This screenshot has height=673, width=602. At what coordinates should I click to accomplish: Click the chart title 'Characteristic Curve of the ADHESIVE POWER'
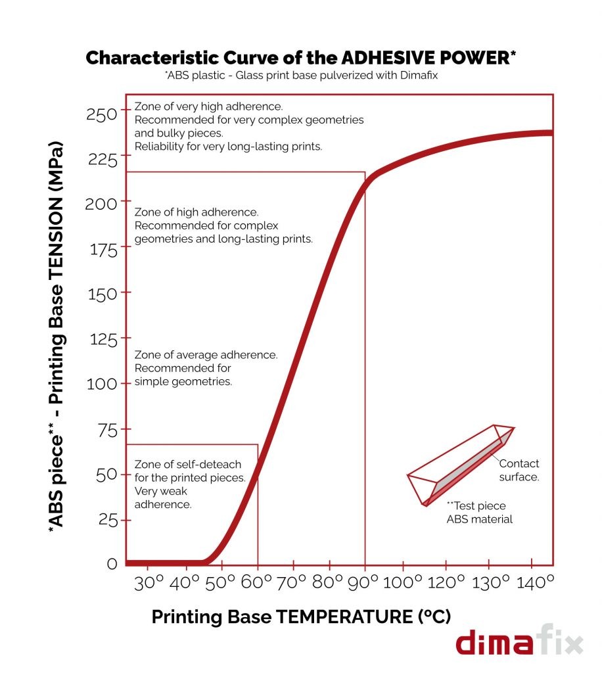[301, 57]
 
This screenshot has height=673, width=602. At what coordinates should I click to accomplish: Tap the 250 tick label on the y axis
[101, 114]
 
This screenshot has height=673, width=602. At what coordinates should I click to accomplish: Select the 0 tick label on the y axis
[112, 563]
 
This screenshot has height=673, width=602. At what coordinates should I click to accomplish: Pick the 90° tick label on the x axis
[366, 582]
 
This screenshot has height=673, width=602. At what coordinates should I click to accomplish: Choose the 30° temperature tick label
[150, 582]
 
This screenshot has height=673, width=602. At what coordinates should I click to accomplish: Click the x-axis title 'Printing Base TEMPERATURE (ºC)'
[301, 617]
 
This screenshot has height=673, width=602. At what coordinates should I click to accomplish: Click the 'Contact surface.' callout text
[519, 470]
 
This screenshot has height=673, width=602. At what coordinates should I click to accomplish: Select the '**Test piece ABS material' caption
[480, 513]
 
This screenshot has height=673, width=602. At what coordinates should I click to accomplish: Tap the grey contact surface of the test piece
[464, 467]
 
